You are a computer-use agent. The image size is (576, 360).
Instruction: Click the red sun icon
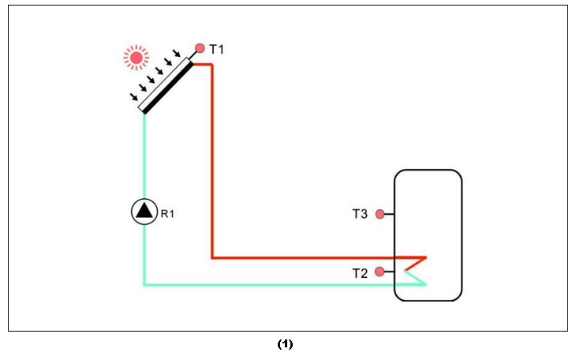point(137,57)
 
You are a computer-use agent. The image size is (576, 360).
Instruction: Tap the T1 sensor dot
point(200,48)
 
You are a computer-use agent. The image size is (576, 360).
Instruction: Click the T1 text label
point(217,50)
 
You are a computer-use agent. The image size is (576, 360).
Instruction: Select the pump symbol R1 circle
point(144,211)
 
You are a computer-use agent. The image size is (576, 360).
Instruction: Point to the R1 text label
point(167,213)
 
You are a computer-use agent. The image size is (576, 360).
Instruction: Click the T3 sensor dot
point(380,214)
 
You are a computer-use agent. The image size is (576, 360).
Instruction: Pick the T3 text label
point(360,214)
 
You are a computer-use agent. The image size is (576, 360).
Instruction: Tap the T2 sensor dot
point(380,272)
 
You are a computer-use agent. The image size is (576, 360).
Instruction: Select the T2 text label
point(360,273)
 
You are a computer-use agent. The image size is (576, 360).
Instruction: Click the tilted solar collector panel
point(166,85)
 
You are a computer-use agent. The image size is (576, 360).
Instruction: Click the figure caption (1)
point(285,344)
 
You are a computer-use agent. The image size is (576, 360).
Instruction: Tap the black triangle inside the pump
point(144,210)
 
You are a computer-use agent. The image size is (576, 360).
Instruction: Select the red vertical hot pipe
point(212,158)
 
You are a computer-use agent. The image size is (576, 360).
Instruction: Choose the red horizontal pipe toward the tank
point(316,257)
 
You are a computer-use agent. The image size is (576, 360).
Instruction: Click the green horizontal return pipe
point(276,284)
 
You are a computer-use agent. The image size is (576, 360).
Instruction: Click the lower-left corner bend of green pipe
point(144,283)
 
